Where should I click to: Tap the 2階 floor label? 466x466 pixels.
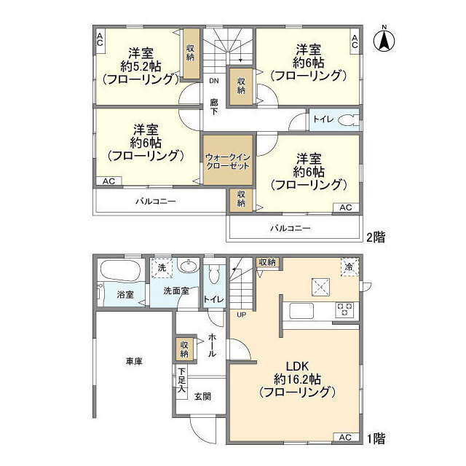376,236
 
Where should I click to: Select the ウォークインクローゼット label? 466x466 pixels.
227,161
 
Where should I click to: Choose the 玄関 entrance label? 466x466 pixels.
202,396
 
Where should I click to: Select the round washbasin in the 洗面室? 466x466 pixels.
187,267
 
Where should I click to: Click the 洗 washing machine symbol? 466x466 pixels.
162,269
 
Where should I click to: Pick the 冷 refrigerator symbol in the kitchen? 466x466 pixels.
349,267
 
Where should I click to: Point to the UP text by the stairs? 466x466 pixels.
240,315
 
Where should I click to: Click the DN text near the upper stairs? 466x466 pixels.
213,81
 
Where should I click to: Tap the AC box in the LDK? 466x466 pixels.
346,437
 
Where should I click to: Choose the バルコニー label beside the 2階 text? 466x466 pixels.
291,228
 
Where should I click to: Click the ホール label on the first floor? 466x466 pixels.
212,344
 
